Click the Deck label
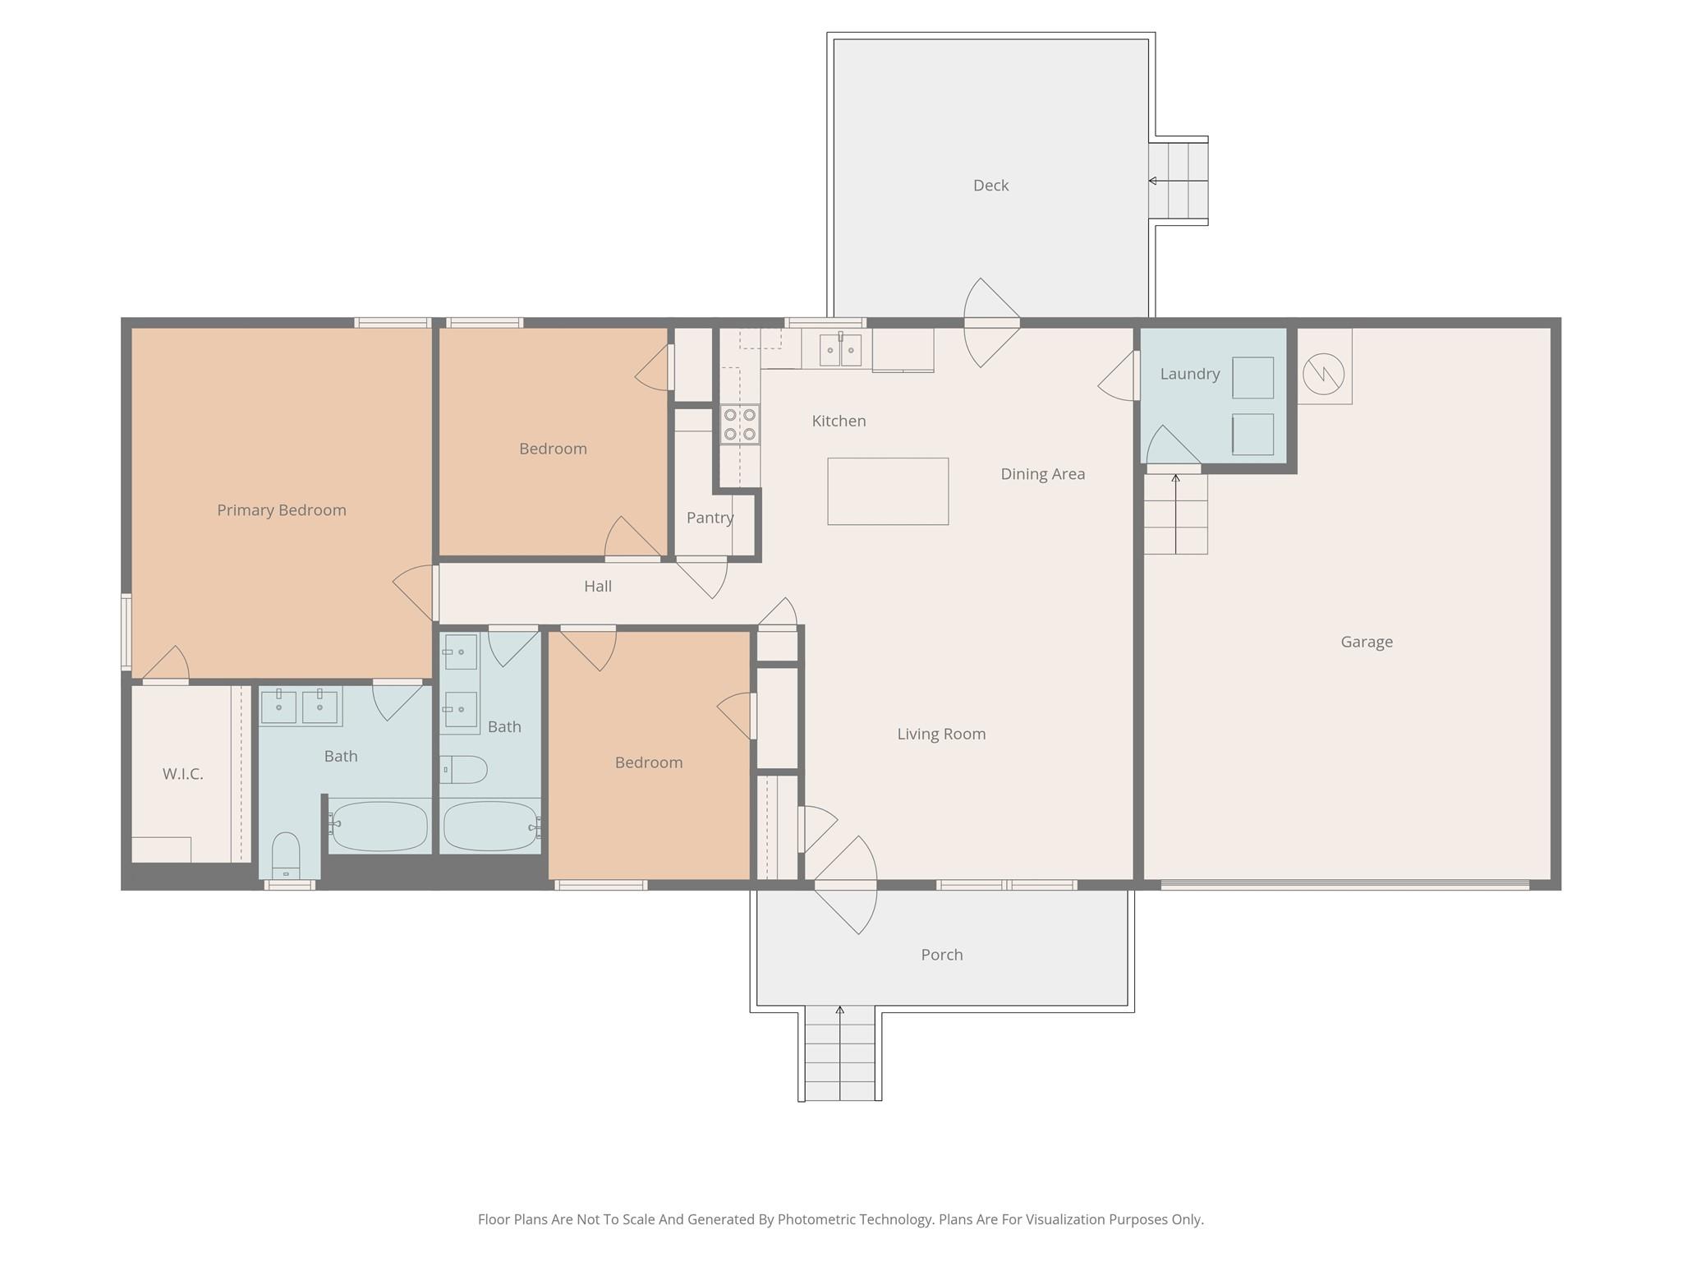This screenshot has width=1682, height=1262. click(x=990, y=186)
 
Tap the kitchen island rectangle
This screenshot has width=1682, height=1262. click(x=888, y=491)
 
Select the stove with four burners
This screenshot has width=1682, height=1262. click(x=739, y=424)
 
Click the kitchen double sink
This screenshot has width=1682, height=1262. click(x=840, y=350)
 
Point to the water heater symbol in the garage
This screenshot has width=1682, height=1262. click(x=1323, y=374)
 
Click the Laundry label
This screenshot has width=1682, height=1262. click(x=1189, y=374)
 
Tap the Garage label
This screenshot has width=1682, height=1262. click(x=1366, y=642)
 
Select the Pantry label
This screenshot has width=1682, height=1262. click(x=710, y=518)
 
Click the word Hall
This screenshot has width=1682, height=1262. click(x=597, y=587)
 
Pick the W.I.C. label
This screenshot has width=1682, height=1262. click(x=182, y=774)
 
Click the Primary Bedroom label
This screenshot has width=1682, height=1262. click(x=281, y=510)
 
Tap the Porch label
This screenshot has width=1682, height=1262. click(x=941, y=955)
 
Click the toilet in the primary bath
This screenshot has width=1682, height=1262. click(x=286, y=856)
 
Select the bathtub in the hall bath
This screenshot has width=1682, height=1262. click(x=490, y=826)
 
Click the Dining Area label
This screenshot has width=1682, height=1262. click(x=1042, y=474)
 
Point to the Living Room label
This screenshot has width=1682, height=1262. click(x=940, y=735)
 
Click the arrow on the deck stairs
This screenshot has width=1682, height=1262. click(x=1153, y=181)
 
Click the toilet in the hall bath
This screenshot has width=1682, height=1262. click(x=464, y=770)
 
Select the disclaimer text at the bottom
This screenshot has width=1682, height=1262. click(x=840, y=1219)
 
